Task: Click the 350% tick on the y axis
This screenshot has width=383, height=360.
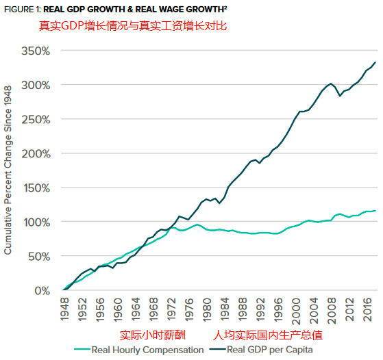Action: [36, 51]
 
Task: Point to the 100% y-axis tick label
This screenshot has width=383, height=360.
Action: [36, 222]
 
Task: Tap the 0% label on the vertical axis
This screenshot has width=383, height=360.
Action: [41, 291]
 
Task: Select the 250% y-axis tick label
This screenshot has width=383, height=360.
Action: [36, 120]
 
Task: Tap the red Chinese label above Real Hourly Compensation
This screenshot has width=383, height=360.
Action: [151, 335]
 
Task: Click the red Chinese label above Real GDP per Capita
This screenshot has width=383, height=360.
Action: [267, 335]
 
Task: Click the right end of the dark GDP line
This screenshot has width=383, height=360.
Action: [375, 62]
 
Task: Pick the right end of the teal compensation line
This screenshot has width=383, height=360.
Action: [375, 211]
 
